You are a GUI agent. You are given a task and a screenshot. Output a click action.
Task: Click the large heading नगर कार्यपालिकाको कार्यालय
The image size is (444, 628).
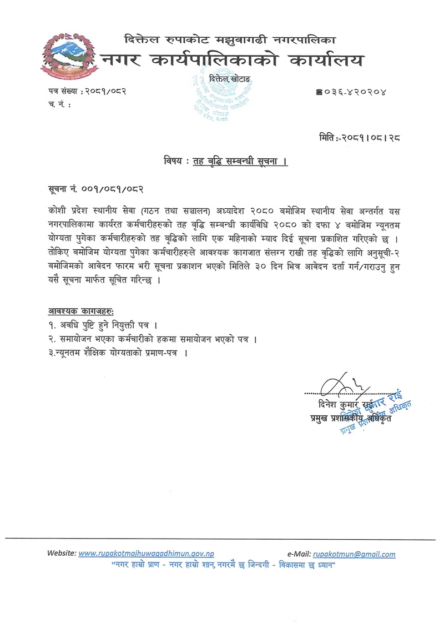pyautogui.click(x=233, y=60)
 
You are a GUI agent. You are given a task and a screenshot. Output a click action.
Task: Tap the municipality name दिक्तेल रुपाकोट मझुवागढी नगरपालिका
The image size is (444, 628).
pyautogui.click(x=229, y=39)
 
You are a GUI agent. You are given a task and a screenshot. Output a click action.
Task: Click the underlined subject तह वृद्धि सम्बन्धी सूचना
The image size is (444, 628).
pyautogui.click(x=239, y=162)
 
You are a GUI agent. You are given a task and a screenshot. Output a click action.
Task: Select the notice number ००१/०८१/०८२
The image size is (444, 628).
pyautogui.click(x=114, y=189)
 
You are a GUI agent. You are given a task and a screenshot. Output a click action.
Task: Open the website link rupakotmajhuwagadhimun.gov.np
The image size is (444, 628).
pyautogui.click(x=147, y=554)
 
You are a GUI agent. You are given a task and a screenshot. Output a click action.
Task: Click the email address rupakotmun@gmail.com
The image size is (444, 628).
pyautogui.click(x=354, y=554)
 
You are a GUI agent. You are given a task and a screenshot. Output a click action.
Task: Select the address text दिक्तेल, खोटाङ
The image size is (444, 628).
pyautogui.click(x=229, y=81)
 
